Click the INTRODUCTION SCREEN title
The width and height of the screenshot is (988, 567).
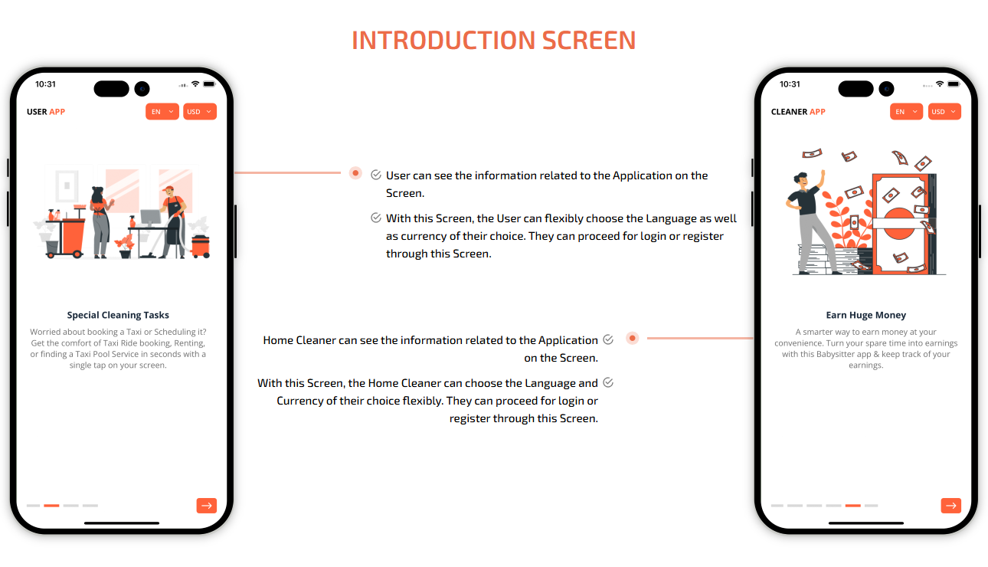pyautogui.click(x=493, y=40)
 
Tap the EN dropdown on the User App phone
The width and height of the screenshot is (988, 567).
pyautogui.click(x=162, y=112)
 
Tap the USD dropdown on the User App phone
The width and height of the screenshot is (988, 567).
pyautogui.click(x=200, y=112)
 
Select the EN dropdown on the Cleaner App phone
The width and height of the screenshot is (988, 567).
pyautogui.click(x=906, y=112)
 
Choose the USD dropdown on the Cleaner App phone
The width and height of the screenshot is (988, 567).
pyautogui.click(x=944, y=112)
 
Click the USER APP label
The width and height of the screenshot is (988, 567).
pyautogui.click(x=46, y=112)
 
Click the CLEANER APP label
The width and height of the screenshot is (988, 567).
pyautogui.click(x=798, y=112)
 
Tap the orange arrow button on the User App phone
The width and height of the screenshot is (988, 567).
pyautogui.click(x=207, y=506)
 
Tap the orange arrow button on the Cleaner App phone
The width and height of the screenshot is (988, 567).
pyautogui.click(x=951, y=506)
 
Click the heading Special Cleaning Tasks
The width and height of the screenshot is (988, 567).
pyautogui.click(x=118, y=315)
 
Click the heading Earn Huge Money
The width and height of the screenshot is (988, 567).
pyautogui.click(x=865, y=315)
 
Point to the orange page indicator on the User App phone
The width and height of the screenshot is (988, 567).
pyautogui.click(x=51, y=506)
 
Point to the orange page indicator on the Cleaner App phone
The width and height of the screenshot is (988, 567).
pyautogui.click(x=853, y=506)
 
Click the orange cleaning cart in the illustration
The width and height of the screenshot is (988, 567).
pyautogui.click(x=66, y=234)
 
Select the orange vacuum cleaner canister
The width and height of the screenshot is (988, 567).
pyautogui.click(x=201, y=246)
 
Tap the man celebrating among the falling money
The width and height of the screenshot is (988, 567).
pyautogui.click(x=810, y=221)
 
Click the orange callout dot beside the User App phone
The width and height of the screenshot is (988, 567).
pyautogui.click(x=355, y=173)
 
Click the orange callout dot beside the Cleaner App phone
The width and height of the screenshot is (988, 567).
pyautogui.click(x=632, y=339)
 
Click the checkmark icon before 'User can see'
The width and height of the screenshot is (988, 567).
pyautogui.click(x=376, y=175)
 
